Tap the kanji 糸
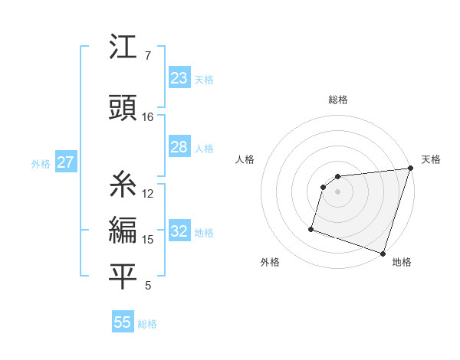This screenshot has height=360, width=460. [x=123, y=184]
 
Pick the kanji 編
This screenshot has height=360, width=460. [x=123, y=229]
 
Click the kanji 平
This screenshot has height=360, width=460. [x=123, y=275]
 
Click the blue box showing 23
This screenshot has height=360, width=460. [x=179, y=78]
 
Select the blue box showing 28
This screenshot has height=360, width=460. [x=179, y=147]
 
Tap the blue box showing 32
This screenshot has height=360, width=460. [x=179, y=231]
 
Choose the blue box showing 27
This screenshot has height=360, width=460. [x=65, y=162]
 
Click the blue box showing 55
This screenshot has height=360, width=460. [x=123, y=322]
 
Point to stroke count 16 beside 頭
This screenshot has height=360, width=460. [x=148, y=117]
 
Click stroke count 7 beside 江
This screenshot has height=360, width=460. [x=148, y=56]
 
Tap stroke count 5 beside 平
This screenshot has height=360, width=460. [x=148, y=286]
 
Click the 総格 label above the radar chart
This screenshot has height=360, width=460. [x=338, y=100]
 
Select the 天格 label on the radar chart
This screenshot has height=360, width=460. [x=431, y=159]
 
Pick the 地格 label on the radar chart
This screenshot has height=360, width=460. [x=402, y=262]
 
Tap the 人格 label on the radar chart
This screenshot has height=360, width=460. [x=245, y=159]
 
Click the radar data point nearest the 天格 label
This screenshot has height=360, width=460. [x=410, y=169]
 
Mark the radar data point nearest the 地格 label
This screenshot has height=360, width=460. [x=383, y=253]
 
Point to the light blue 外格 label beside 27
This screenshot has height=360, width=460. [x=40, y=163]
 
